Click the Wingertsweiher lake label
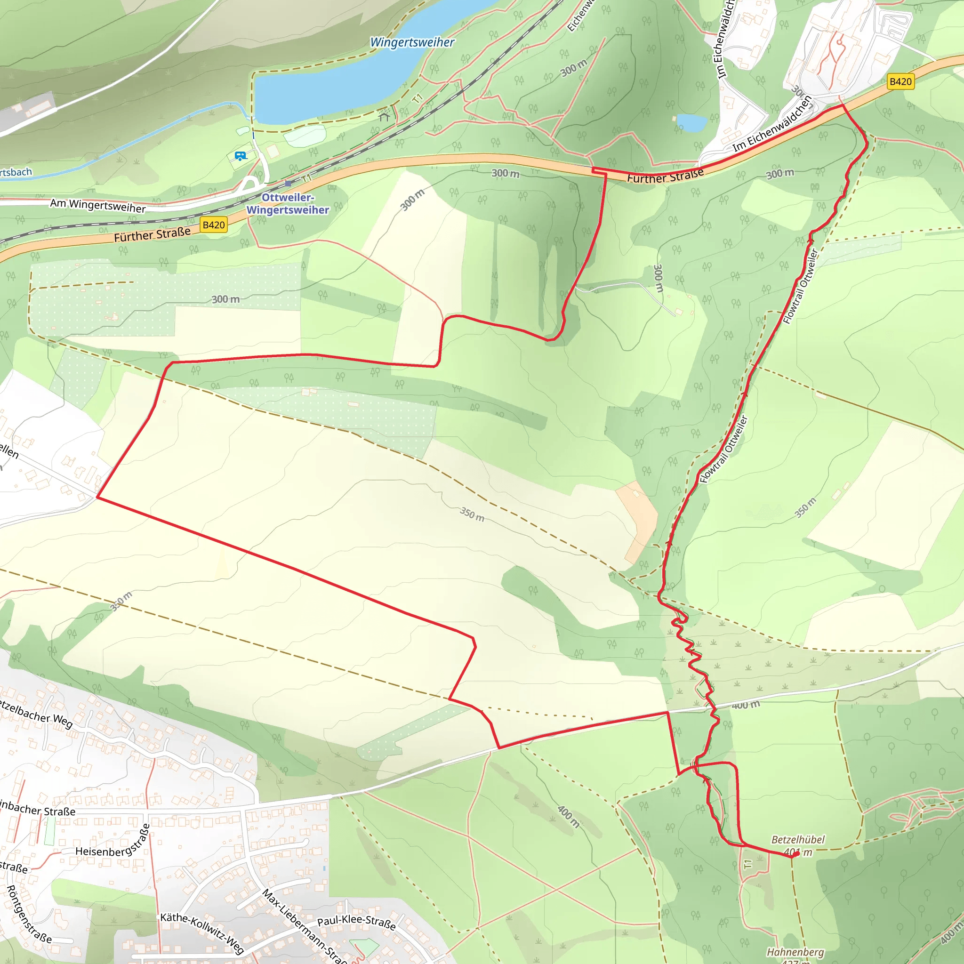[x=412, y=42]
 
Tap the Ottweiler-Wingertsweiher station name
[x=288, y=203]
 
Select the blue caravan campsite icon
[x=241, y=156]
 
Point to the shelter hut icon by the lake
[x=384, y=117]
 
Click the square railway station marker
[x=288, y=184]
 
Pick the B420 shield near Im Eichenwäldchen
[x=900, y=81]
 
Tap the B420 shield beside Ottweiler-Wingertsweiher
[x=214, y=225]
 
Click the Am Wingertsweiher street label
[x=98, y=206]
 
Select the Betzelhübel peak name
[x=798, y=839]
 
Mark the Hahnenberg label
[x=795, y=952]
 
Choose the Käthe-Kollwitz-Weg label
[x=202, y=932]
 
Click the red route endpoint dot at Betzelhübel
[x=796, y=854]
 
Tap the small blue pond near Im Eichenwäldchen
[x=691, y=122]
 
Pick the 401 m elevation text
[x=798, y=852]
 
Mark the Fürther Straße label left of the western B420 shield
[x=152, y=234]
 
